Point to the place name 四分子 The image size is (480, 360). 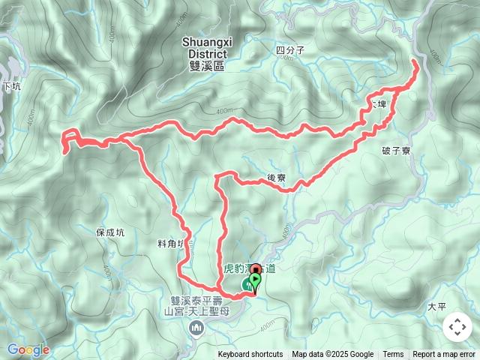(290, 51)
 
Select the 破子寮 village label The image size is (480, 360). (396, 151)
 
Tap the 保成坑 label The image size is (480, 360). (110, 232)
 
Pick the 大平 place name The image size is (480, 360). (436, 307)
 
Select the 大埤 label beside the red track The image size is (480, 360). (377, 104)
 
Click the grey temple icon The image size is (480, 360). (197, 327)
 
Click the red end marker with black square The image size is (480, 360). (256, 271)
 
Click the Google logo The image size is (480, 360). (28, 349)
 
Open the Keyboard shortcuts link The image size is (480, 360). (250, 355)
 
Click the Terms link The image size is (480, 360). (393, 355)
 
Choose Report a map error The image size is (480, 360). (444, 355)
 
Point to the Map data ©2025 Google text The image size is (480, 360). (332, 355)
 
